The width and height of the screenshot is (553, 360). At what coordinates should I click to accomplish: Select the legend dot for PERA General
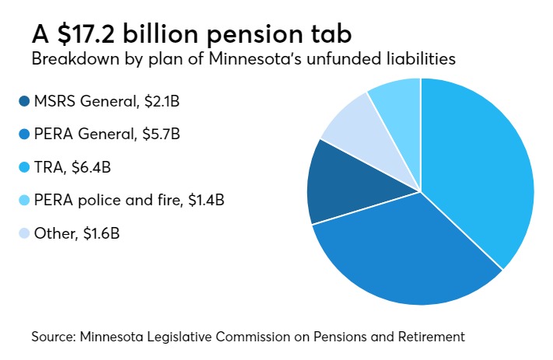tap(23, 134)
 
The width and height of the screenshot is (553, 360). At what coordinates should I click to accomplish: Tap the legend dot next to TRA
tap(23, 167)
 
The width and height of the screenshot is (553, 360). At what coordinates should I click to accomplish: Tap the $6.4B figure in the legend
tap(87, 167)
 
